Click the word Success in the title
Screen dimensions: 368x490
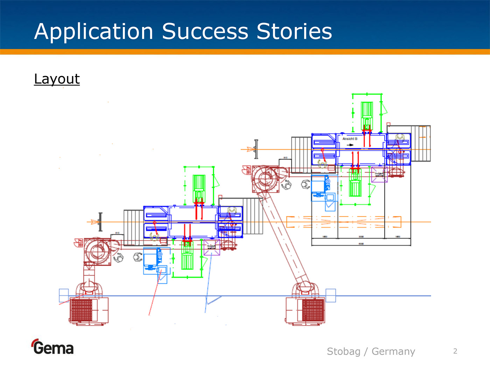tap(205, 32)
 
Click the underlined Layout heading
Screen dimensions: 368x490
tap(57, 79)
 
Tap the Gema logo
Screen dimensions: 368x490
tap(53, 347)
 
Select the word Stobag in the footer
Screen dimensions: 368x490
tap(343, 351)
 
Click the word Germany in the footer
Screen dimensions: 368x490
tap(393, 351)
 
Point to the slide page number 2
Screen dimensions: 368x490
tap(455, 351)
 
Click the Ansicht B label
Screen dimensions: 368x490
tap(350, 139)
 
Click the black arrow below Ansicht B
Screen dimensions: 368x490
tap(350, 145)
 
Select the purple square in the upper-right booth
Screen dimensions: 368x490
tap(379, 175)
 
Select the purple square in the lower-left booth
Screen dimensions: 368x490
tap(212, 247)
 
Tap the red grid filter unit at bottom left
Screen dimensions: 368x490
tap(82, 310)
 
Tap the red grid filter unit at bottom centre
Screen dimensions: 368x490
tap(313, 310)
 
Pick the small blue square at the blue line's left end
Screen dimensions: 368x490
tap(64, 295)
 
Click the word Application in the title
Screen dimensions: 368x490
tap(94, 32)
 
